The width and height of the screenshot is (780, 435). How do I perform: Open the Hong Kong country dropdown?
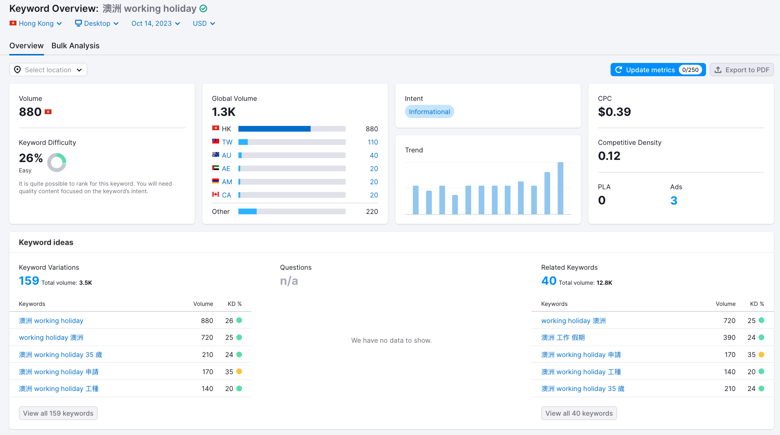(x=36, y=24)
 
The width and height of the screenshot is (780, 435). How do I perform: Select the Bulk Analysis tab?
(x=75, y=46)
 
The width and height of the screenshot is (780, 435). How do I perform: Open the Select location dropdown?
(x=48, y=70)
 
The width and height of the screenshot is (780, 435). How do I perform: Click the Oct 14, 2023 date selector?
(x=155, y=24)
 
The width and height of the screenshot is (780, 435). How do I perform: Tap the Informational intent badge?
(x=429, y=112)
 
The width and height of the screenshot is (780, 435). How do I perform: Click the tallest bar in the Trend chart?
(x=560, y=188)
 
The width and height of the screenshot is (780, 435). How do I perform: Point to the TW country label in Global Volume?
(x=227, y=142)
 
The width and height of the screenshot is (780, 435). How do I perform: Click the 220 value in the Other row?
(x=372, y=211)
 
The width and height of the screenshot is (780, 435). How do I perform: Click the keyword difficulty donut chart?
(x=57, y=162)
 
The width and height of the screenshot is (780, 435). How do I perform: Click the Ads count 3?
(x=673, y=200)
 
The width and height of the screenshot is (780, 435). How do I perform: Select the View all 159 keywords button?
(x=58, y=413)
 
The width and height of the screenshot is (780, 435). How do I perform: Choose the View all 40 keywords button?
(x=579, y=413)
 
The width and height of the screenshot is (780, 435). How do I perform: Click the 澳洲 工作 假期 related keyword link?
(x=563, y=337)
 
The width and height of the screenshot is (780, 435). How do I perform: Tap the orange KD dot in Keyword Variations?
(x=239, y=371)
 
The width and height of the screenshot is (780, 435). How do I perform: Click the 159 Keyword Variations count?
(x=29, y=281)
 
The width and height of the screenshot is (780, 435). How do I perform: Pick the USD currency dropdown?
(x=204, y=24)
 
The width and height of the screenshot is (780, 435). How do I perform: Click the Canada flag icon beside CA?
(x=216, y=195)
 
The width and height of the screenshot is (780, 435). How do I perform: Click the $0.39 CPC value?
(x=614, y=112)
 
